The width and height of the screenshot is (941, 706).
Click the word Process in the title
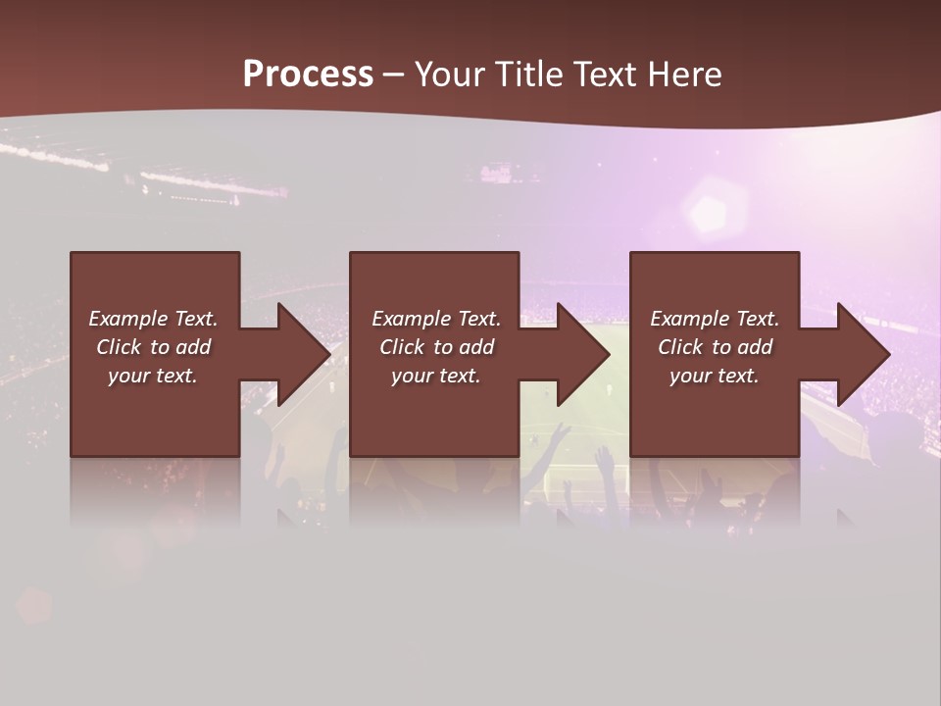tap(308, 75)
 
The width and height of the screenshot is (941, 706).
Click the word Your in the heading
tap(451, 75)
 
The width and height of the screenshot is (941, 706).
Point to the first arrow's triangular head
tap(304, 354)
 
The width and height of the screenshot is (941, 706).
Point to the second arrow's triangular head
tap(583, 354)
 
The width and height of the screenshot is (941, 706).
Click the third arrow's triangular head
tap(864, 354)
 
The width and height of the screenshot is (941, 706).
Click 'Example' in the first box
tap(128, 319)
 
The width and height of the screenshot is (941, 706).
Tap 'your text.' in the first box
tap(153, 376)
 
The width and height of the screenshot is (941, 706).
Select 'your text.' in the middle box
tap(436, 376)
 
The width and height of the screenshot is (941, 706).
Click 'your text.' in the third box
tap(715, 376)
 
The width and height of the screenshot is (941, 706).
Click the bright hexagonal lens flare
tap(706, 209)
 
